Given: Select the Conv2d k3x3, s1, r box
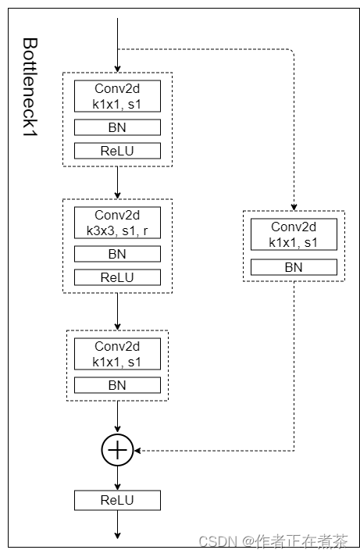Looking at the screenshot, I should point(117,222).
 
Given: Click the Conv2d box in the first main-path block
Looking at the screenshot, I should point(117,95).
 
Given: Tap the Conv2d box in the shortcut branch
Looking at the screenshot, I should point(294,234).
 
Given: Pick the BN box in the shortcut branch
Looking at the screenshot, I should point(294,267).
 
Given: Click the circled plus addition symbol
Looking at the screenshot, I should point(117,450).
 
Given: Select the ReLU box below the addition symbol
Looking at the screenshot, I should point(117,500).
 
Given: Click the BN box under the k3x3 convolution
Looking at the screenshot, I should point(117,254).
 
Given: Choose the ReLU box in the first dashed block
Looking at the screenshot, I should point(117,151).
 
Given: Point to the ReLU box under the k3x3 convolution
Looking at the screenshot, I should point(117,277).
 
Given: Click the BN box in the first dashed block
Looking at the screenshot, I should point(117,127).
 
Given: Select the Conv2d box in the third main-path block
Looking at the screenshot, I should point(117,353).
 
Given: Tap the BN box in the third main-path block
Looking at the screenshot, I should point(117,385).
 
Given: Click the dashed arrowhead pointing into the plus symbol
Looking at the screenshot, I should point(140,450).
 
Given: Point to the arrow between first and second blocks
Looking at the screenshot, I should point(117,183).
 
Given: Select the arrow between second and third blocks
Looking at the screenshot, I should point(117,312).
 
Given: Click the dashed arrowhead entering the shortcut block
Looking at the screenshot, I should point(294,205).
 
